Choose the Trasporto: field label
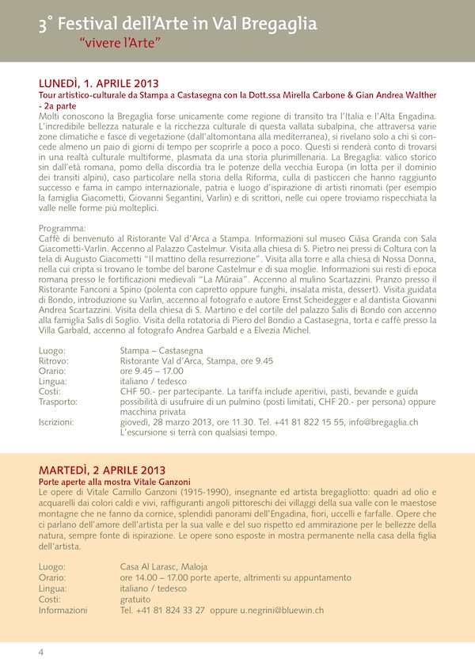(59, 402)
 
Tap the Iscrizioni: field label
(59, 423)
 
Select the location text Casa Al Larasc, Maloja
(165, 566)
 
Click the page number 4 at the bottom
(40, 651)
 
